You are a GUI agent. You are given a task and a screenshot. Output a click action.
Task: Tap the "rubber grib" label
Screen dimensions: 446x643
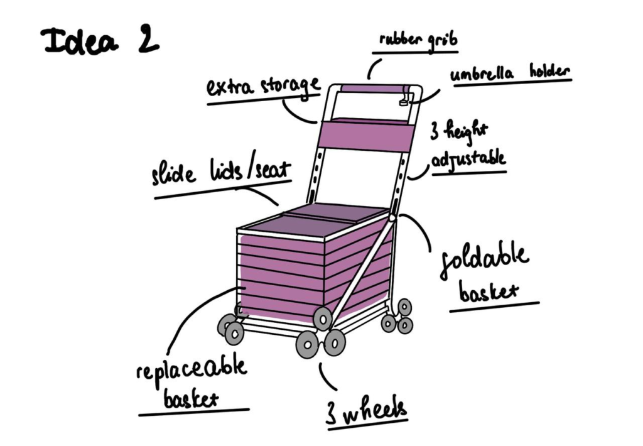click(418, 40)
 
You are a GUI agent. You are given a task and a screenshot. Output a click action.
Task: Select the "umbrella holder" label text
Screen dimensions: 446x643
click(510, 73)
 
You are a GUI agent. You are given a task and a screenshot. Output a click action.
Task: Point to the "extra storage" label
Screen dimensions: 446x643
click(263, 87)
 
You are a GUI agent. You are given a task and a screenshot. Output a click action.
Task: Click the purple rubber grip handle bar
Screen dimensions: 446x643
click(373, 89)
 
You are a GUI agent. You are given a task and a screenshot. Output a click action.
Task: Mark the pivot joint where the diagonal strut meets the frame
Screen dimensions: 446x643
click(392, 218)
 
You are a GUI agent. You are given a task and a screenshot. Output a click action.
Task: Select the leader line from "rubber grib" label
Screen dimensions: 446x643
click(372, 68)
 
